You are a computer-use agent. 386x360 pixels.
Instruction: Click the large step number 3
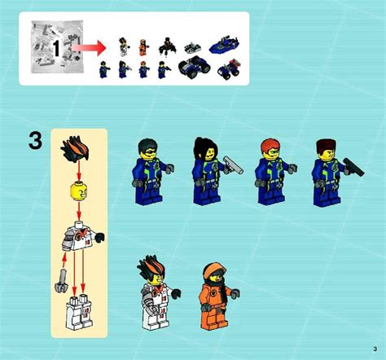33,141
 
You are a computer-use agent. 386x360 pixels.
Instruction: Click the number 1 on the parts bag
55,48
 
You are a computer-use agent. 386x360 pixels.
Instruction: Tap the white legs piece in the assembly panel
79,311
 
